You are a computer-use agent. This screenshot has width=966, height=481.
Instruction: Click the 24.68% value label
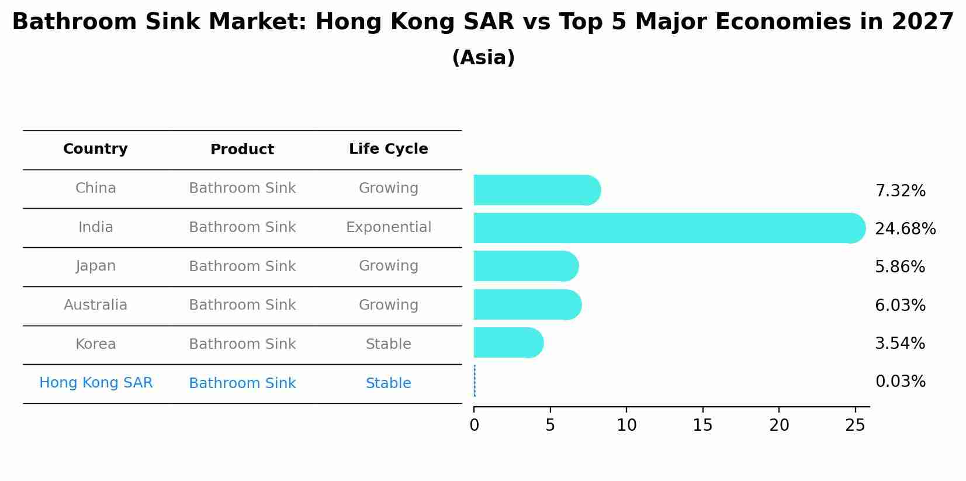[905, 229]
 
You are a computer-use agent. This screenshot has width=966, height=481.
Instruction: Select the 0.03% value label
[900, 382]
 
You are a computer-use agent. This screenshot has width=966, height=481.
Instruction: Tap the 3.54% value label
[899, 343]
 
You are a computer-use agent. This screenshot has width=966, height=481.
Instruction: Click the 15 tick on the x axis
[702, 425]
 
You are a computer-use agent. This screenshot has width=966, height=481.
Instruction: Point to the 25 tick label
[855, 425]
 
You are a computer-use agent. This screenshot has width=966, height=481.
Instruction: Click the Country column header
[95, 149]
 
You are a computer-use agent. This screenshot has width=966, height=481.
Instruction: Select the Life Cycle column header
[388, 149]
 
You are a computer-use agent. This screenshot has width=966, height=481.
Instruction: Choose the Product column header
[242, 150]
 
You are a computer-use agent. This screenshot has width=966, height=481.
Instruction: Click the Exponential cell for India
[388, 227]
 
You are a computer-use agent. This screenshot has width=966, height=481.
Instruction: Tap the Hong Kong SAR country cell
[96, 383]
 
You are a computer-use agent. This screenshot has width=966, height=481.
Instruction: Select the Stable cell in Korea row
[388, 344]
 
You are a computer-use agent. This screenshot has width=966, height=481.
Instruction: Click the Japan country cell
[95, 266]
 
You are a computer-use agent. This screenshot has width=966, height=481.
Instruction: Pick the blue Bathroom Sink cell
[242, 383]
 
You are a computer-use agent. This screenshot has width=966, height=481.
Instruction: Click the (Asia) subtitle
[483, 58]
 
